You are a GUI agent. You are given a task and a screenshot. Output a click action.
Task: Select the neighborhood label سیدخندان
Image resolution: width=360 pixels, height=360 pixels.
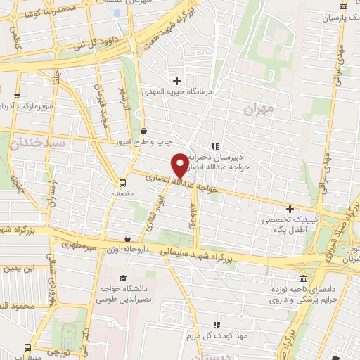(38, 143)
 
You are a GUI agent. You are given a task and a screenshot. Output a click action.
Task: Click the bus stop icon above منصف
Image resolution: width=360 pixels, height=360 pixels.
(123, 179)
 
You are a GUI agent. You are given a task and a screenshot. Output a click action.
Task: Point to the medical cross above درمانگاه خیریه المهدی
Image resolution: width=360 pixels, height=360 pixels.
(176, 81)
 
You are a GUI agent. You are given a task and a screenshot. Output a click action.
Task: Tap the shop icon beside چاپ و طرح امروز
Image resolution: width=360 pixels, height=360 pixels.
(143, 131)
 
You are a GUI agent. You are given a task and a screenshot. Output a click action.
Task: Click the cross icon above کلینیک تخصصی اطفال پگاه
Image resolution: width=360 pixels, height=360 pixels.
(290, 209)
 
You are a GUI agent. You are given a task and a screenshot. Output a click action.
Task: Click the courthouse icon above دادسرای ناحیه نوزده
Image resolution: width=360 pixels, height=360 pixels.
(303, 277)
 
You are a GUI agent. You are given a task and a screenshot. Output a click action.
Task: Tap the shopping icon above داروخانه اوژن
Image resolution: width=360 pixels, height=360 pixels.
(127, 239)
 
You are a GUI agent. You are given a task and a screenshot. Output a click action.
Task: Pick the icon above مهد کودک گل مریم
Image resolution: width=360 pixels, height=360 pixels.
(217, 324)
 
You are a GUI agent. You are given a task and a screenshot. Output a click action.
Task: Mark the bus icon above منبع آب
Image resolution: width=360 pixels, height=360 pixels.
(28, 347)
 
